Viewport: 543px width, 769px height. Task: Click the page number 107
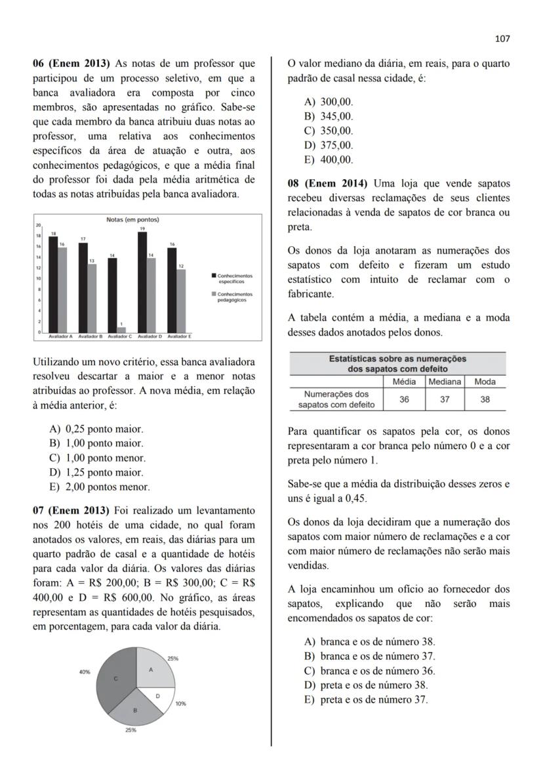[x=502, y=39]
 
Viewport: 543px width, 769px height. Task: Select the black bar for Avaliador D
[x=142, y=282]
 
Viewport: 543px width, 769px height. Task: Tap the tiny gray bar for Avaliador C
[x=121, y=330]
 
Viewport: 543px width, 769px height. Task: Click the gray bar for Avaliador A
[x=62, y=290]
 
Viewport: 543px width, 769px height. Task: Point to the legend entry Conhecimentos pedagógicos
[x=234, y=297]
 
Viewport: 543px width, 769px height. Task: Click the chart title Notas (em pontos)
[x=132, y=219]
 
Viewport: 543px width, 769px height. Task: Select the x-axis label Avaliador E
[x=178, y=336]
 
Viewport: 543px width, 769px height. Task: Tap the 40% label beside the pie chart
[x=85, y=672]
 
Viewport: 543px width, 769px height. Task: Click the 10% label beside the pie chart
[x=180, y=703]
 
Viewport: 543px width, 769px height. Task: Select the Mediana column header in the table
[x=445, y=382]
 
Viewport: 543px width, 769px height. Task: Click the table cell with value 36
[x=404, y=399]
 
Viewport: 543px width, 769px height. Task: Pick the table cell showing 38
[x=485, y=399]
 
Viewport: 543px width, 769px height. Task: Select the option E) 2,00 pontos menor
[x=100, y=487]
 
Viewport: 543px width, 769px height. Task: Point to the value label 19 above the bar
[x=142, y=229]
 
